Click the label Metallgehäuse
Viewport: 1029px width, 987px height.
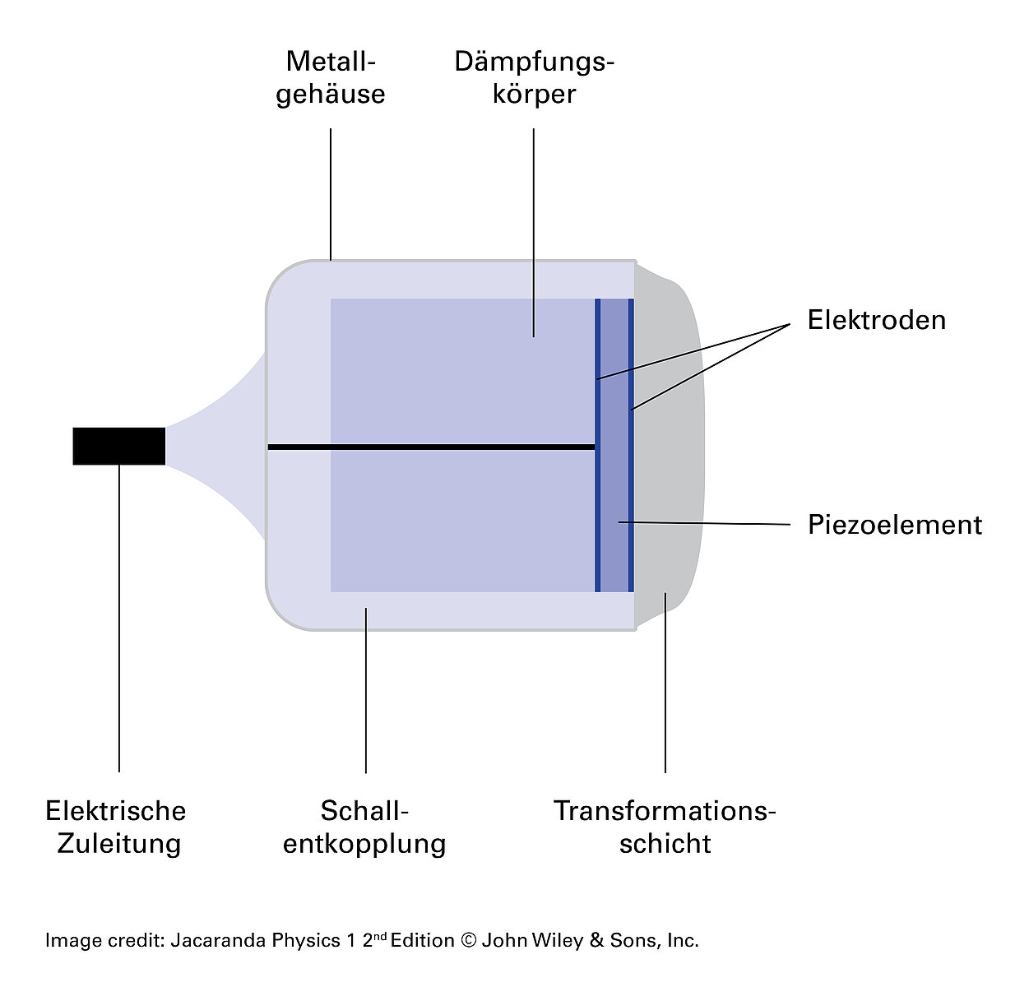331,77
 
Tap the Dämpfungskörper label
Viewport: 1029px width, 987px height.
534,77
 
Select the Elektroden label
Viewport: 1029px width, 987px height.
876,320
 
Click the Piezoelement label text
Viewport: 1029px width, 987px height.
894,525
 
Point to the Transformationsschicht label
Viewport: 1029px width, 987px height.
665,827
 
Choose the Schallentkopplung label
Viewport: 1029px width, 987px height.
364,827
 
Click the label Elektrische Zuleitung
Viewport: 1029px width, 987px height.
116,827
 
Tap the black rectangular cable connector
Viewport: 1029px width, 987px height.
119,447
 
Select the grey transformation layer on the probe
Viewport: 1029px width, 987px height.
670,444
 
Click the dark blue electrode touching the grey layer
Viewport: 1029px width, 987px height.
631,493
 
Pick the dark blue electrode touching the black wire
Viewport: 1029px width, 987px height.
598,493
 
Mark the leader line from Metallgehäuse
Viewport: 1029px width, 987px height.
331,193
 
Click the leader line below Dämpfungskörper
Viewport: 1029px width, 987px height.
534,230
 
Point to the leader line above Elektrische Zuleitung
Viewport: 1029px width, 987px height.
119,617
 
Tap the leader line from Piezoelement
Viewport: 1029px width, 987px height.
707,523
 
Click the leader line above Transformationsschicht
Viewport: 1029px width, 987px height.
665,683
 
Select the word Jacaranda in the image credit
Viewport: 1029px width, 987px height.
212,940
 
